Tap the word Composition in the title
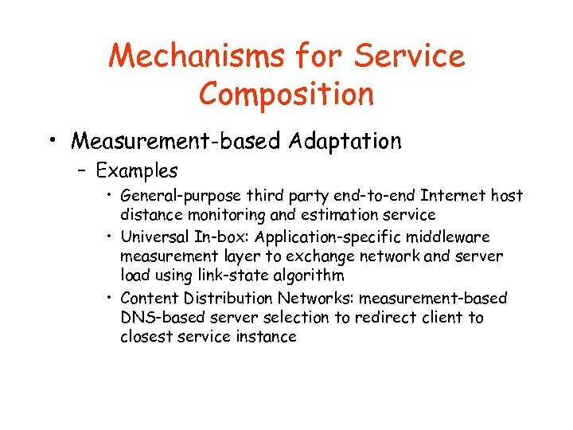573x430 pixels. [x=286, y=94]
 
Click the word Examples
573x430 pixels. [x=137, y=170]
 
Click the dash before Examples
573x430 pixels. [x=82, y=171]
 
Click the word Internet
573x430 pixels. [x=452, y=196]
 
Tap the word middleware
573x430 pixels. [x=454, y=237]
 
